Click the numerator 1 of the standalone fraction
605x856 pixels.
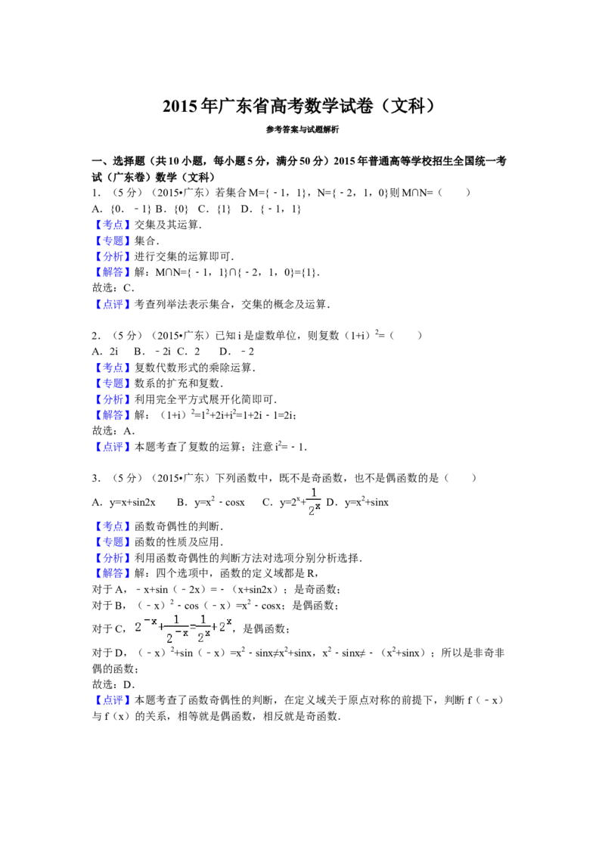[x=315, y=493]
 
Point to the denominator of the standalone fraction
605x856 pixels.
[x=314, y=510]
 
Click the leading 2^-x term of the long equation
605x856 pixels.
[x=146, y=625]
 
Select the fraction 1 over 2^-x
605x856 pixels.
[x=176, y=629]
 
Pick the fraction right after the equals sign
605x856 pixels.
[x=203, y=629]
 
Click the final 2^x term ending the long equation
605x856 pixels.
[x=226, y=625]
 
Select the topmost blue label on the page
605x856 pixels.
[x=112, y=225]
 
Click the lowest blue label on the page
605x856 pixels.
[x=112, y=699]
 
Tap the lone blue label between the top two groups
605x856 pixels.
[x=112, y=305]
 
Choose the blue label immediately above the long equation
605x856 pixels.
[x=112, y=573]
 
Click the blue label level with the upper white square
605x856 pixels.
[x=112, y=368]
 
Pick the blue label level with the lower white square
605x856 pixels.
[x=112, y=526]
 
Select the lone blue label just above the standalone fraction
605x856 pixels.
[x=112, y=447]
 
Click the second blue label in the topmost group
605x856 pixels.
[x=112, y=241]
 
